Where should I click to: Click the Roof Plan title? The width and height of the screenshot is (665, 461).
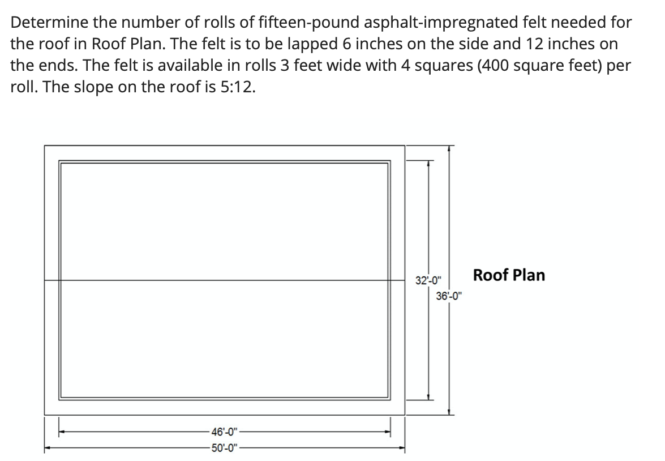(509, 275)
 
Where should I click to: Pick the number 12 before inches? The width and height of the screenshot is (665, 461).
(544, 45)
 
